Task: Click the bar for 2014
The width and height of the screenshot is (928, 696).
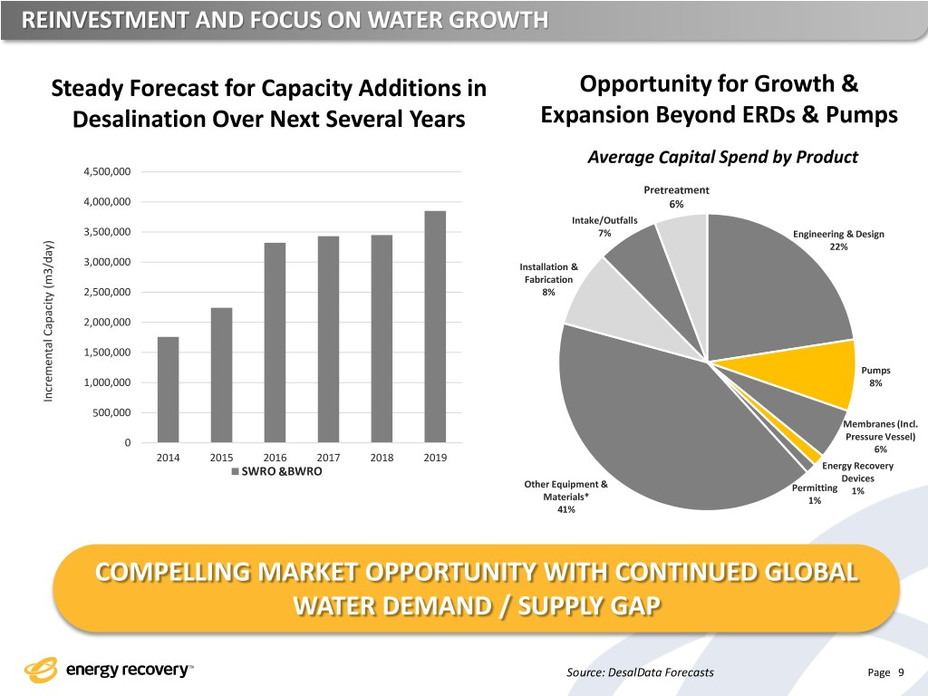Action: click(168, 390)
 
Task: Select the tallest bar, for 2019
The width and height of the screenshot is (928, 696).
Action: click(435, 326)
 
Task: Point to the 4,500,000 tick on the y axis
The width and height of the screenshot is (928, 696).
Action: click(107, 172)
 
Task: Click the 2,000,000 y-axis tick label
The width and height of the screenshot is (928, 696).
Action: click(107, 323)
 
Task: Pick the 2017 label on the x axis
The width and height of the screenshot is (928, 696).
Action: click(328, 458)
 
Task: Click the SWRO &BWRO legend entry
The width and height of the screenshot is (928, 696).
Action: click(276, 472)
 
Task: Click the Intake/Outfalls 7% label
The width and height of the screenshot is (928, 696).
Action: click(604, 227)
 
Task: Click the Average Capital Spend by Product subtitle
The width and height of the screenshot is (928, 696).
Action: click(722, 157)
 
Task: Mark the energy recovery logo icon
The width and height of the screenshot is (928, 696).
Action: click(41, 671)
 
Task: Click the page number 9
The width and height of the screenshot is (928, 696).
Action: click(901, 672)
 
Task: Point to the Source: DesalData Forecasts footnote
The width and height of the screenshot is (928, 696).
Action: click(639, 672)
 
